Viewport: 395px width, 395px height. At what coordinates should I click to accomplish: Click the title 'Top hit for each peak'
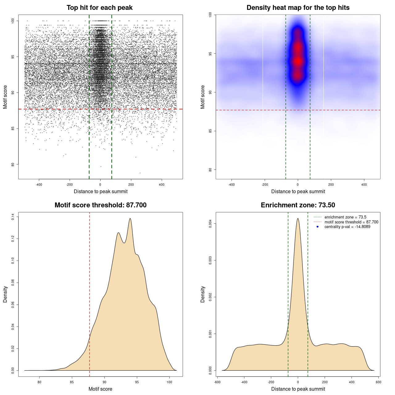tap(100, 8)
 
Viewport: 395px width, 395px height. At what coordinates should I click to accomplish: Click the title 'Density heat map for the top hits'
tap(298, 8)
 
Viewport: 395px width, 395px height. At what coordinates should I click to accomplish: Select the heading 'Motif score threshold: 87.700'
tap(100, 205)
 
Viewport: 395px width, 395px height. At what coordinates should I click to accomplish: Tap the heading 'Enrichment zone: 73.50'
tap(298, 205)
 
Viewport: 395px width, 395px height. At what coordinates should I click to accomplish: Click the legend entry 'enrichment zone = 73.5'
tap(345, 217)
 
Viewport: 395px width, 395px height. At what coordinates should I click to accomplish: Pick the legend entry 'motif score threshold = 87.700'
tap(351, 222)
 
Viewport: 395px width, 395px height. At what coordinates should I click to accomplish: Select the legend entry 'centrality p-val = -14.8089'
tap(347, 227)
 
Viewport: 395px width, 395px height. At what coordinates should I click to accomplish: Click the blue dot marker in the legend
tap(318, 227)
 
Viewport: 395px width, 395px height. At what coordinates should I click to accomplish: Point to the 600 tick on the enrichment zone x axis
tap(379, 382)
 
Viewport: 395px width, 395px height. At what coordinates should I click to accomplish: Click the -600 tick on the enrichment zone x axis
tap(218, 382)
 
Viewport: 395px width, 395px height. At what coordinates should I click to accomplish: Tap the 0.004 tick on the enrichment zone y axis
tap(210, 224)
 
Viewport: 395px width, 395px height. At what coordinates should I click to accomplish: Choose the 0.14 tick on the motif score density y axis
tap(13, 217)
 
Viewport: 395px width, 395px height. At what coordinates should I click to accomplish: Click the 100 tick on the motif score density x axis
tap(169, 382)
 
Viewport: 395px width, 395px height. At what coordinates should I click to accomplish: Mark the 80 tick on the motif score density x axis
tap(39, 382)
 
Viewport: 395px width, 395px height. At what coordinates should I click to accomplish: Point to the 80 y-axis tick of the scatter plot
tap(13, 164)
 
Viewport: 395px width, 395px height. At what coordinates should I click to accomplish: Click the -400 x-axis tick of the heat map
tap(231, 185)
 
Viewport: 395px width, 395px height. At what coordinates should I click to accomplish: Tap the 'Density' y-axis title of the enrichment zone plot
tap(203, 294)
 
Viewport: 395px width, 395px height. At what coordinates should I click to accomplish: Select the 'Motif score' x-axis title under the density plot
tap(100, 389)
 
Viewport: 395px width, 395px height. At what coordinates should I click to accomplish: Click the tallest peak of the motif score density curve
tap(130, 219)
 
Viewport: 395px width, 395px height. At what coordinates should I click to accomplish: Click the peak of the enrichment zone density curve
tap(298, 219)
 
